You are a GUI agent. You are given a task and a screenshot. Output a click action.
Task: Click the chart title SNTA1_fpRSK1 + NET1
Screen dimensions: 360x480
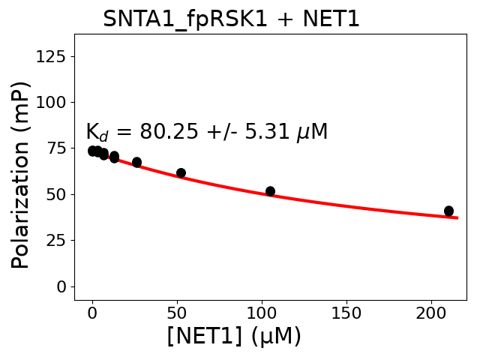[231, 19]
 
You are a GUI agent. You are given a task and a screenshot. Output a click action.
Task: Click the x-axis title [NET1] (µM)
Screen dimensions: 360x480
[234, 336]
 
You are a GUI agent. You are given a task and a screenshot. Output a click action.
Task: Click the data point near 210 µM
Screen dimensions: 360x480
[448, 211]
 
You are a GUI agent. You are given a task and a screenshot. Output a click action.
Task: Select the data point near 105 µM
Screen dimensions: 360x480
[270, 191]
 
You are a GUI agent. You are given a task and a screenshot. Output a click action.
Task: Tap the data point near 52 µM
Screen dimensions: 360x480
[181, 173]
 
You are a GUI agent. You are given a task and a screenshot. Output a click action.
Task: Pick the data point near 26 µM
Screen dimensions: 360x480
[136, 162]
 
